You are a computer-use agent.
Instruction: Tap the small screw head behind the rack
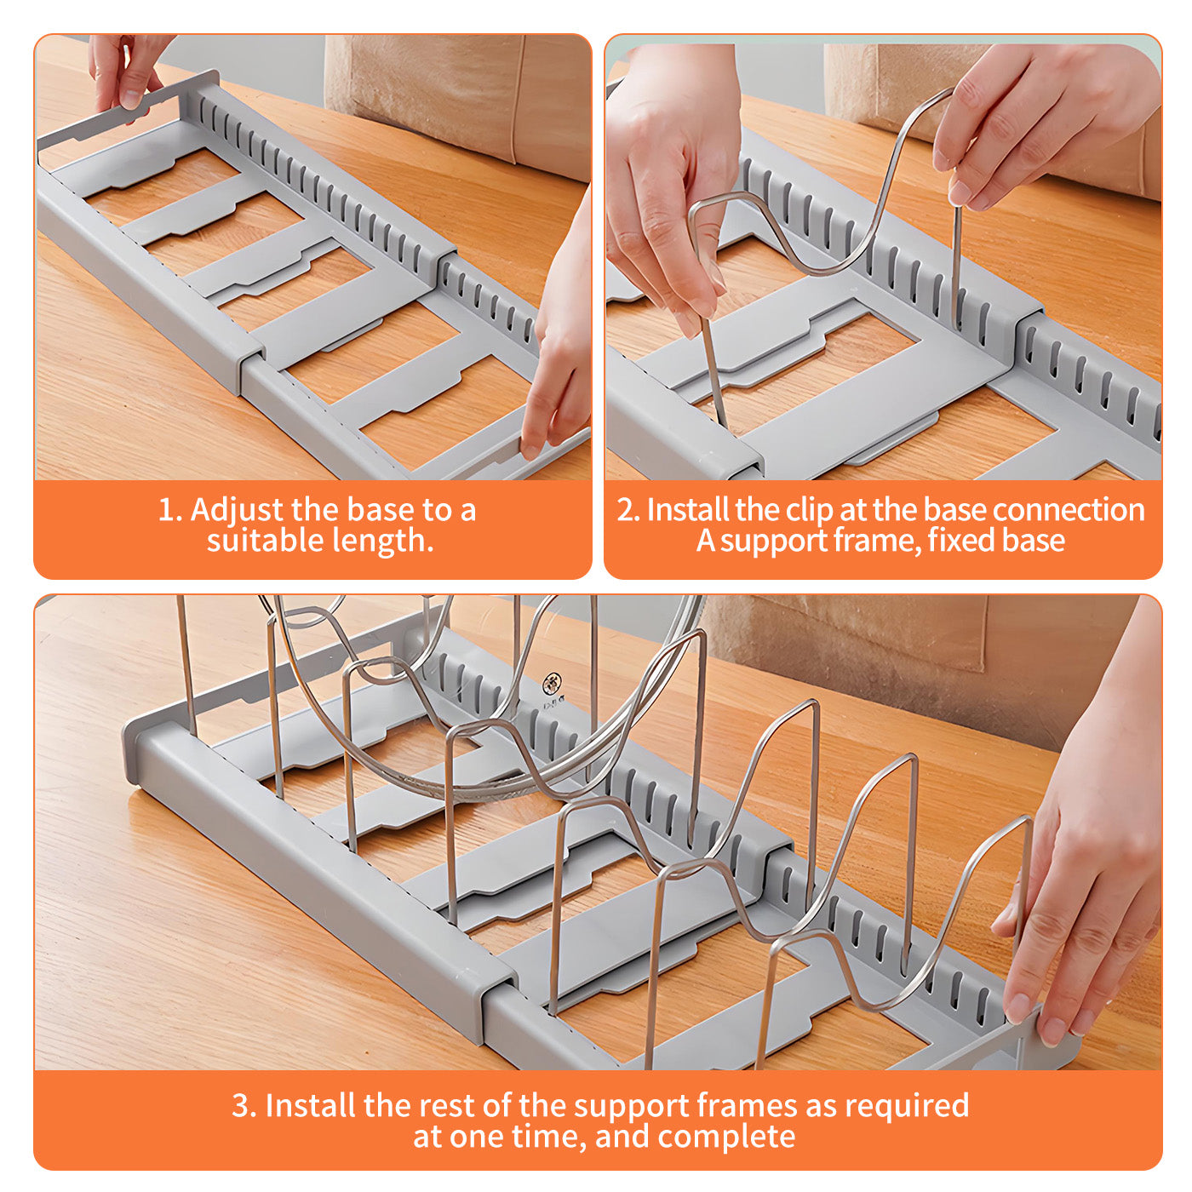pyautogui.click(x=551, y=685)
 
